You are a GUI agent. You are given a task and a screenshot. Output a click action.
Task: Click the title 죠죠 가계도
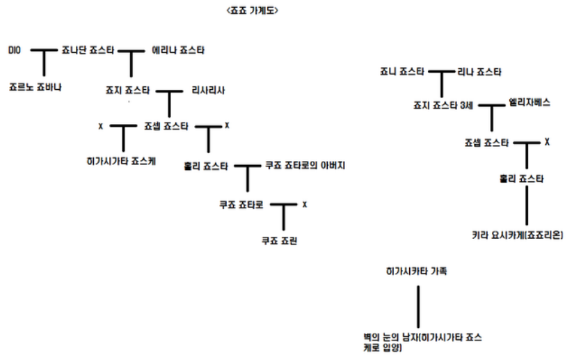248,12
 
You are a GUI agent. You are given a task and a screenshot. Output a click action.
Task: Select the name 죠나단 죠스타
88,50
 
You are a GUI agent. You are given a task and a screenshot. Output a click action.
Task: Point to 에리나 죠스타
177,50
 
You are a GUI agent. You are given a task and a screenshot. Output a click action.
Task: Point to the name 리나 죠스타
479,71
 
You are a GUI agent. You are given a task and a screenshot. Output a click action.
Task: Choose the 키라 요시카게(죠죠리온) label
516,235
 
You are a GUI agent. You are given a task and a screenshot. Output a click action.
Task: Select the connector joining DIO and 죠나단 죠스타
45,51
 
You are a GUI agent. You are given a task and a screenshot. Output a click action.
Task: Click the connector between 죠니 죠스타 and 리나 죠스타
443,71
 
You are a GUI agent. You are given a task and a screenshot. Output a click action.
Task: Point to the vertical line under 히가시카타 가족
417,302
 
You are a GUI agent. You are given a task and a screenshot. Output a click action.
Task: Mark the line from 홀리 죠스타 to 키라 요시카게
526,207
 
